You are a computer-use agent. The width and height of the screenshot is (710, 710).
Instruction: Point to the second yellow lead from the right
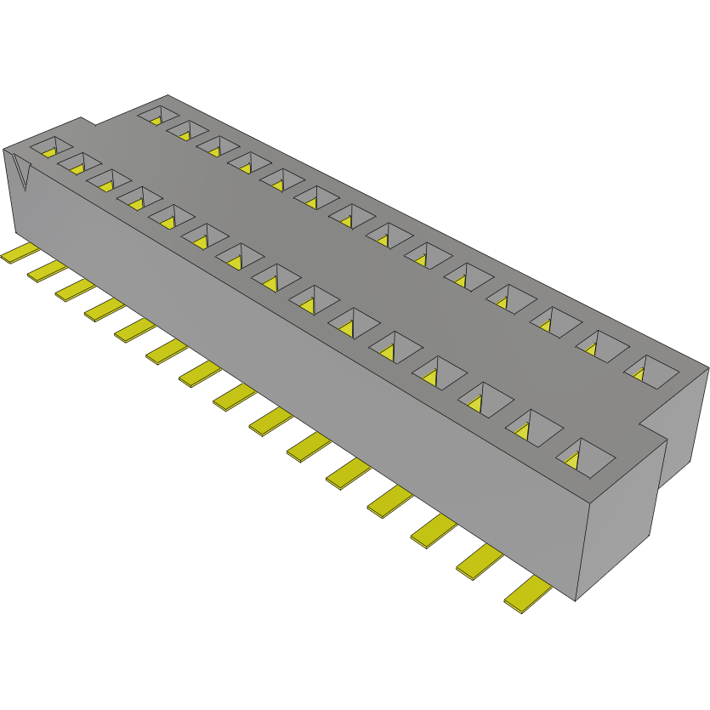479,562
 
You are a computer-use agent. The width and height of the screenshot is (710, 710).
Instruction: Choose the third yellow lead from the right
432,531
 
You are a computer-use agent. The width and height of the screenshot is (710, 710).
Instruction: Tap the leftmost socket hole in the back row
157,113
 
